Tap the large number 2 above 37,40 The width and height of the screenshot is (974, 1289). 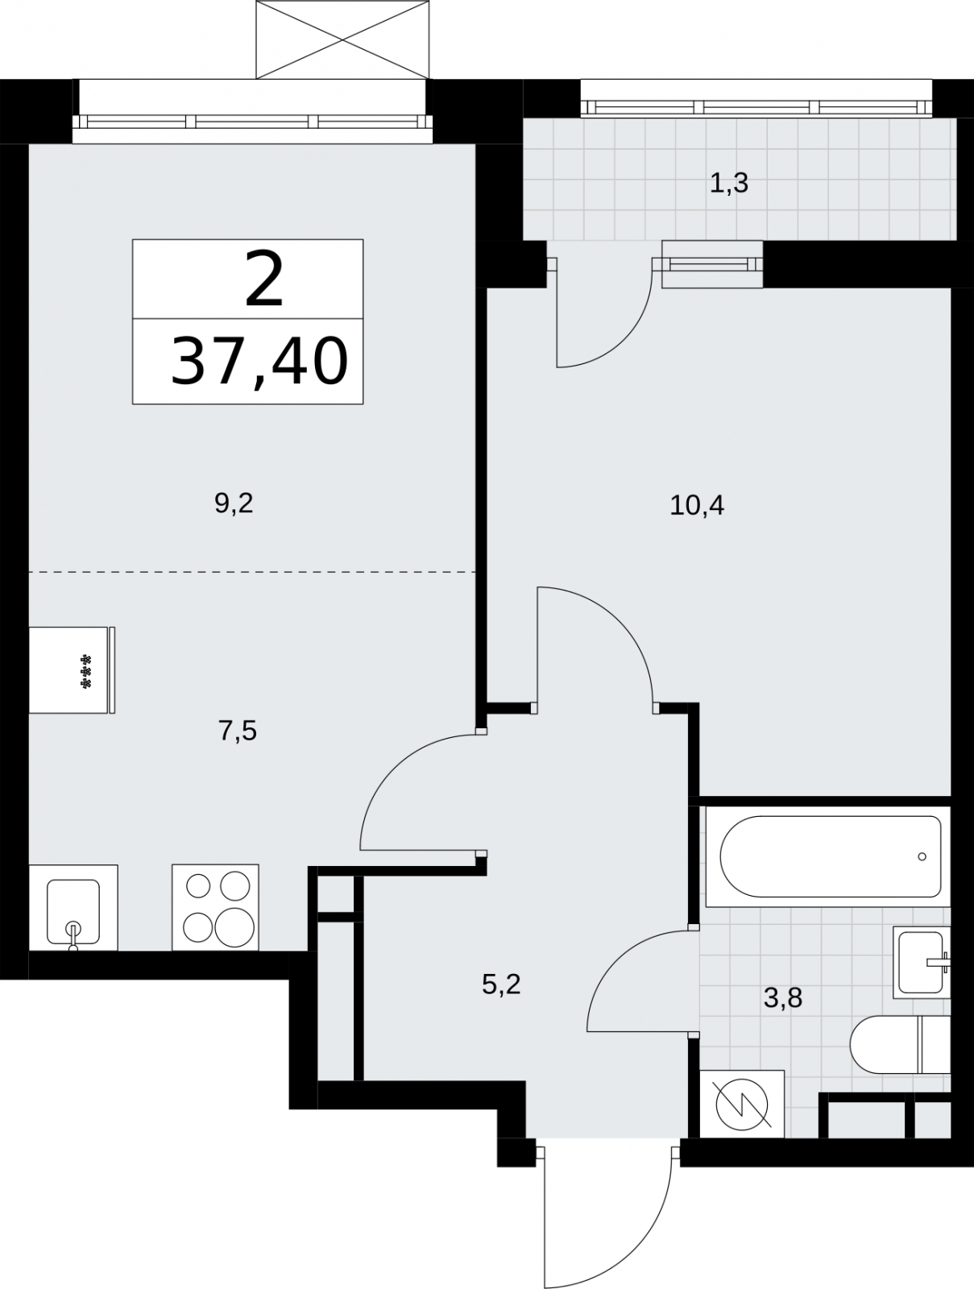click(264, 279)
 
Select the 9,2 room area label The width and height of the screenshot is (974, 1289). click(234, 504)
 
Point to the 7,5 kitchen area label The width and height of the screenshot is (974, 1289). click(238, 732)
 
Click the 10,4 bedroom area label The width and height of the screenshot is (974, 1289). click(697, 505)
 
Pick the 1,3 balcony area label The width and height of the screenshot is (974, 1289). click(729, 184)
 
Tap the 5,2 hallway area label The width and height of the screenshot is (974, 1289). click(501, 984)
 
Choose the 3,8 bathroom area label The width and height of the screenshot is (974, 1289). click(782, 997)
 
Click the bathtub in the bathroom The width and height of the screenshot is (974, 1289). click(828, 857)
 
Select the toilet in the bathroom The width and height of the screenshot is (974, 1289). click(900, 1045)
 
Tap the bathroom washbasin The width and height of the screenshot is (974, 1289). click(921, 963)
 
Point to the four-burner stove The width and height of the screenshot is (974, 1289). click(215, 907)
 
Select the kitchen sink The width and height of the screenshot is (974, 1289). click(73, 907)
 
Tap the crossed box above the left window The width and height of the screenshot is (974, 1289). click(342, 39)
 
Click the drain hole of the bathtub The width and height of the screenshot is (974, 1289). click(922, 857)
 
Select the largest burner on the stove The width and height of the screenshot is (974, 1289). click(235, 927)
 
